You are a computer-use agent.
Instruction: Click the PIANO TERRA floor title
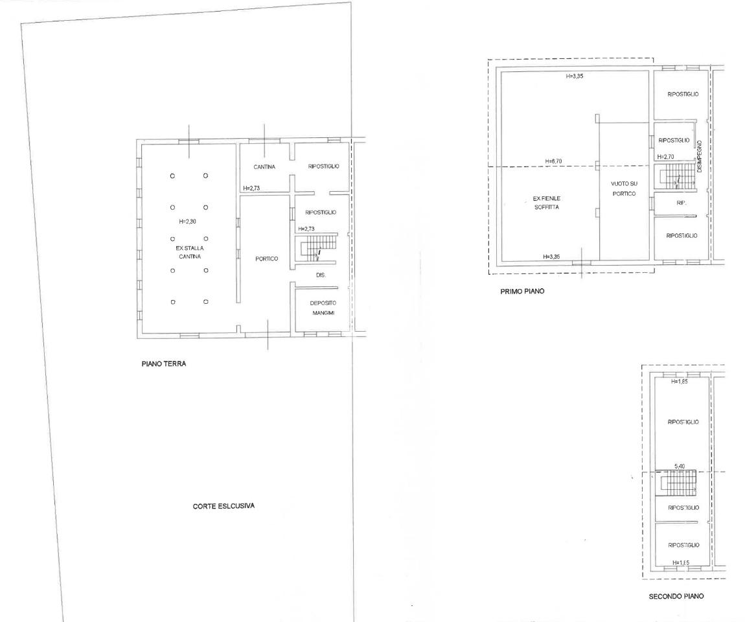(x=164, y=364)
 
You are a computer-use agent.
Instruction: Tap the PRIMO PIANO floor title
(x=522, y=292)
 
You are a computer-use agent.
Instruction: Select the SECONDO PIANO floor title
(x=676, y=596)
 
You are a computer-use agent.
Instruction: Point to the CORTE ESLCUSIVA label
(x=223, y=506)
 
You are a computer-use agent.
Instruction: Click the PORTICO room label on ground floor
(x=266, y=259)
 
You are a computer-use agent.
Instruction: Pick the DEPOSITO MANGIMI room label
(x=323, y=308)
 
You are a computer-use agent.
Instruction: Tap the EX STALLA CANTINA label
(x=190, y=252)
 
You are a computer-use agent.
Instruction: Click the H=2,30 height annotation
(x=187, y=222)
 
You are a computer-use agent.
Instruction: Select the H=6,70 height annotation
(x=553, y=161)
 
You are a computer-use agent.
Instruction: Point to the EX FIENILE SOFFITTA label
(x=546, y=203)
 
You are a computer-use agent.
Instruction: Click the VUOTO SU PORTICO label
(x=624, y=189)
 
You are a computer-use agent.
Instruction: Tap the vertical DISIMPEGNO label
(x=700, y=156)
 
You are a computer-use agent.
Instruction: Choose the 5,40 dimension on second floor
(x=680, y=466)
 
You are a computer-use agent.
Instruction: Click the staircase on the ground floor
(x=316, y=247)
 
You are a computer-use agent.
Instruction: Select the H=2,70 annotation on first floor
(x=665, y=157)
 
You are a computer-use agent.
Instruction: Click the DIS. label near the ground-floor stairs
(x=321, y=275)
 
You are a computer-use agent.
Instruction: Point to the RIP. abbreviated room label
(x=682, y=203)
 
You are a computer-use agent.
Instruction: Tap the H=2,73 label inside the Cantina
(x=251, y=188)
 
